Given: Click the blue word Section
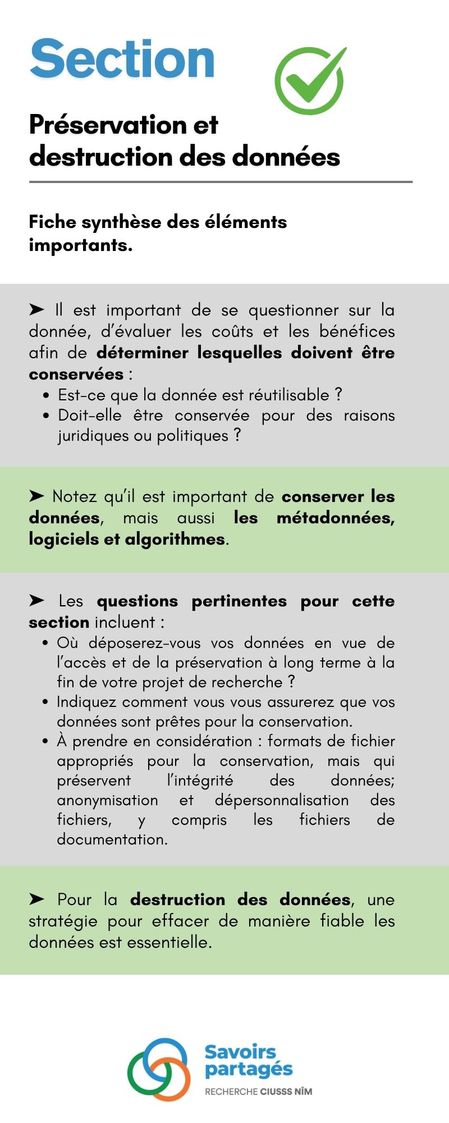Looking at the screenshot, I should click(x=122, y=59).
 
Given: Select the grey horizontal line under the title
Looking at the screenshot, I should click(x=221, y=182).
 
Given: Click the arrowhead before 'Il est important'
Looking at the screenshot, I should click(x=36, y=309).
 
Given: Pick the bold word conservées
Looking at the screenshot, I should click(x=76, y=374).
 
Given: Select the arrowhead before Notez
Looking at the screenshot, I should click(x=36, y=496).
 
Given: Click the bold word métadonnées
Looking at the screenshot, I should click(x=335, y=517).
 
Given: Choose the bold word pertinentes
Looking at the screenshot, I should click(x=239, y=601).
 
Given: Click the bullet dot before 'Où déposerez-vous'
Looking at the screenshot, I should click(x=45, y=643).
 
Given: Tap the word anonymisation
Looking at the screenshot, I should click(x=107, y=800).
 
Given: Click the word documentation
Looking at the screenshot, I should click(x=112, y=839).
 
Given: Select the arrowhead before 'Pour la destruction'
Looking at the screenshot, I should click(x=36, y=899).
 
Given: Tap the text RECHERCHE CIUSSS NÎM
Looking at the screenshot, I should click(x=258, y=1091).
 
